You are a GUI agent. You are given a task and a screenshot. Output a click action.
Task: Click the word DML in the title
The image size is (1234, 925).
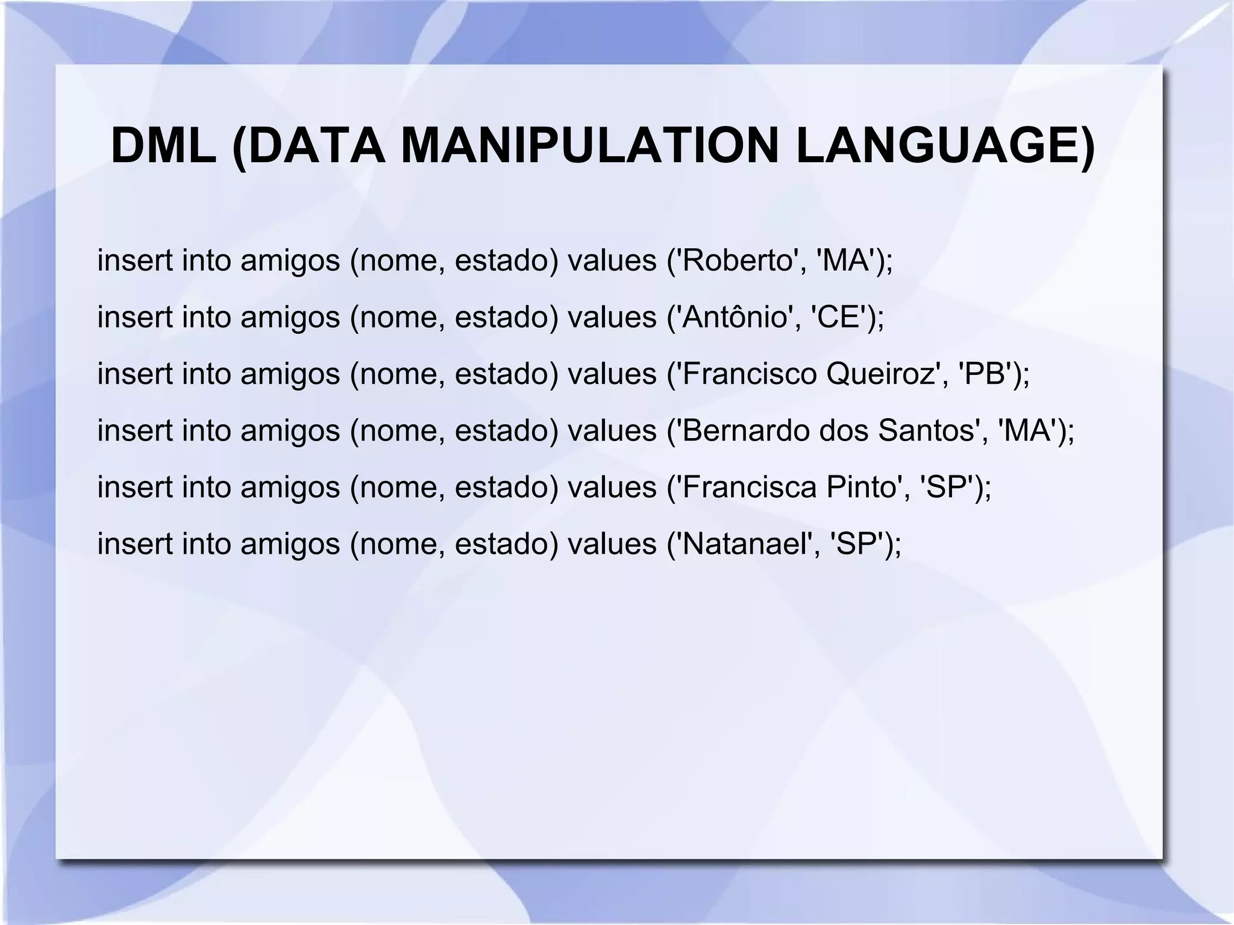[x=163, y=146]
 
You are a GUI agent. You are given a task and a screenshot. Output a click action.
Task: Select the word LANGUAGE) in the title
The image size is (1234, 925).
[x=945, y=146]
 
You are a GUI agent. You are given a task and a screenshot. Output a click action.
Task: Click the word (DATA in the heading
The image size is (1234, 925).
[x=308, y=146]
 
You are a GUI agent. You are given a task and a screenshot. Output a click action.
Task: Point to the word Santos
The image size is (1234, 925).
[x=928, y=430]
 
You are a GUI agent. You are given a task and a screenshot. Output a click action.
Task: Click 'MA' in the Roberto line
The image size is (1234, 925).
[x=844, y=260]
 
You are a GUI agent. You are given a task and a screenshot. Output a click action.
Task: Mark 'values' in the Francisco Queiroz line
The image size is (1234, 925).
[x=612, y=374]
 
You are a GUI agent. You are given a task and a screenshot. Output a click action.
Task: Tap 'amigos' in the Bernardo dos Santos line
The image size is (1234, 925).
[x=290, y=430]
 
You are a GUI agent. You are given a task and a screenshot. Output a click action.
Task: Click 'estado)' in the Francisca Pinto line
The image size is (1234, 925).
[x=507, y=487]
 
